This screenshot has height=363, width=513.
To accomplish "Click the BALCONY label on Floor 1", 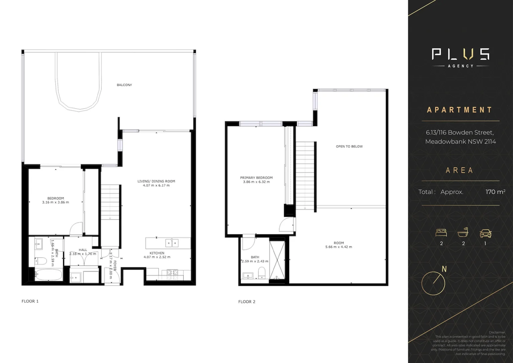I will pos(124,85).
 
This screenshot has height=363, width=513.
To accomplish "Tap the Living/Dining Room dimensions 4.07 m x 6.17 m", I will pos(156,186).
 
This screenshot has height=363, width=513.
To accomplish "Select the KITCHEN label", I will pos(157,253).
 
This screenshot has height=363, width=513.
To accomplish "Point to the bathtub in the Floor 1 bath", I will pos(48,275).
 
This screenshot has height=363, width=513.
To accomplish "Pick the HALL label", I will pos(83,250).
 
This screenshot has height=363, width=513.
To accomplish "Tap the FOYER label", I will pos(115,266).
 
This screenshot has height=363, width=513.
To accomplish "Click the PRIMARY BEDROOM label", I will pos(256,178).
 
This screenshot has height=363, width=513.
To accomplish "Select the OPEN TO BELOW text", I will pos(349,147).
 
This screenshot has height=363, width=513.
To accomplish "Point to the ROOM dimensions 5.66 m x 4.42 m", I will pos(338,247).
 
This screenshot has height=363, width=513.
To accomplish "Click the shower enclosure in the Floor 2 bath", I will pos(277,258).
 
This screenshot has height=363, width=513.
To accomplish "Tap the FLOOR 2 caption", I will pos(247,302).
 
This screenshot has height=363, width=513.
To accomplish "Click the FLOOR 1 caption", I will pos(30,301).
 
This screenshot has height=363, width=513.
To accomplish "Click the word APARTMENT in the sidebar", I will pos(459,110).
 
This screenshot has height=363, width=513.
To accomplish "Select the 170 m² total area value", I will pos(495,192).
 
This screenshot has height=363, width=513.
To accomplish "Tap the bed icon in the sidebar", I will pos(441,233).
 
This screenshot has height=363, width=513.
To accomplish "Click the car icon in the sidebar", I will pos(485,233).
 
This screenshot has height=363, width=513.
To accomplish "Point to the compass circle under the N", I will pos(433,283).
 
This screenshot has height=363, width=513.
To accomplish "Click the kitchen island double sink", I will pos(172,243).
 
